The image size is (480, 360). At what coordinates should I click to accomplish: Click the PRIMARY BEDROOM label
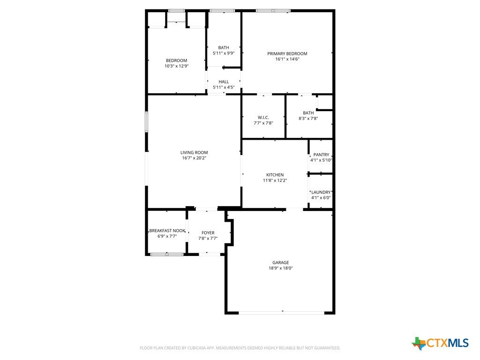287,53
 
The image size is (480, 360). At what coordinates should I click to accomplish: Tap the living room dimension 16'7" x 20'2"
194,158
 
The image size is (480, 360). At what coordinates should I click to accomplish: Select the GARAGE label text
281,262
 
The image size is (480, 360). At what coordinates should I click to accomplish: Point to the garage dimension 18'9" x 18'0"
281,268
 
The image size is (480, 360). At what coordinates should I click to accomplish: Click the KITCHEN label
275,175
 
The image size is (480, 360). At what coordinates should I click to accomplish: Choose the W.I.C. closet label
263,118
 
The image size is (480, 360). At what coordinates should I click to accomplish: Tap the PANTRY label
321,155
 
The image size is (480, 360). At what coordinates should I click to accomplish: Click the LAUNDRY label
321,192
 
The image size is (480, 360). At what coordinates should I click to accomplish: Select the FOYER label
208,232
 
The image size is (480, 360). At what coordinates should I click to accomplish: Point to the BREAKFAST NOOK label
167,231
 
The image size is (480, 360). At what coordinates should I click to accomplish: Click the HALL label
224,82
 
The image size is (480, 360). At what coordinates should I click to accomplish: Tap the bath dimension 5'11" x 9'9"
224,53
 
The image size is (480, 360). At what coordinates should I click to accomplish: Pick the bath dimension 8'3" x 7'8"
308,119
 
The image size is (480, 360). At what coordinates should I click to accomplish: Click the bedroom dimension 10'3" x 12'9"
177,66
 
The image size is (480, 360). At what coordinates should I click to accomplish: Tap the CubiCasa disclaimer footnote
240,348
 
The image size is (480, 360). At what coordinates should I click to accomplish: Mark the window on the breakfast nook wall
167,254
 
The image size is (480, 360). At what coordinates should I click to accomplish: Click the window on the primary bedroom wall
273,11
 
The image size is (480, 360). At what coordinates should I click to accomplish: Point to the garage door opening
281,313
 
